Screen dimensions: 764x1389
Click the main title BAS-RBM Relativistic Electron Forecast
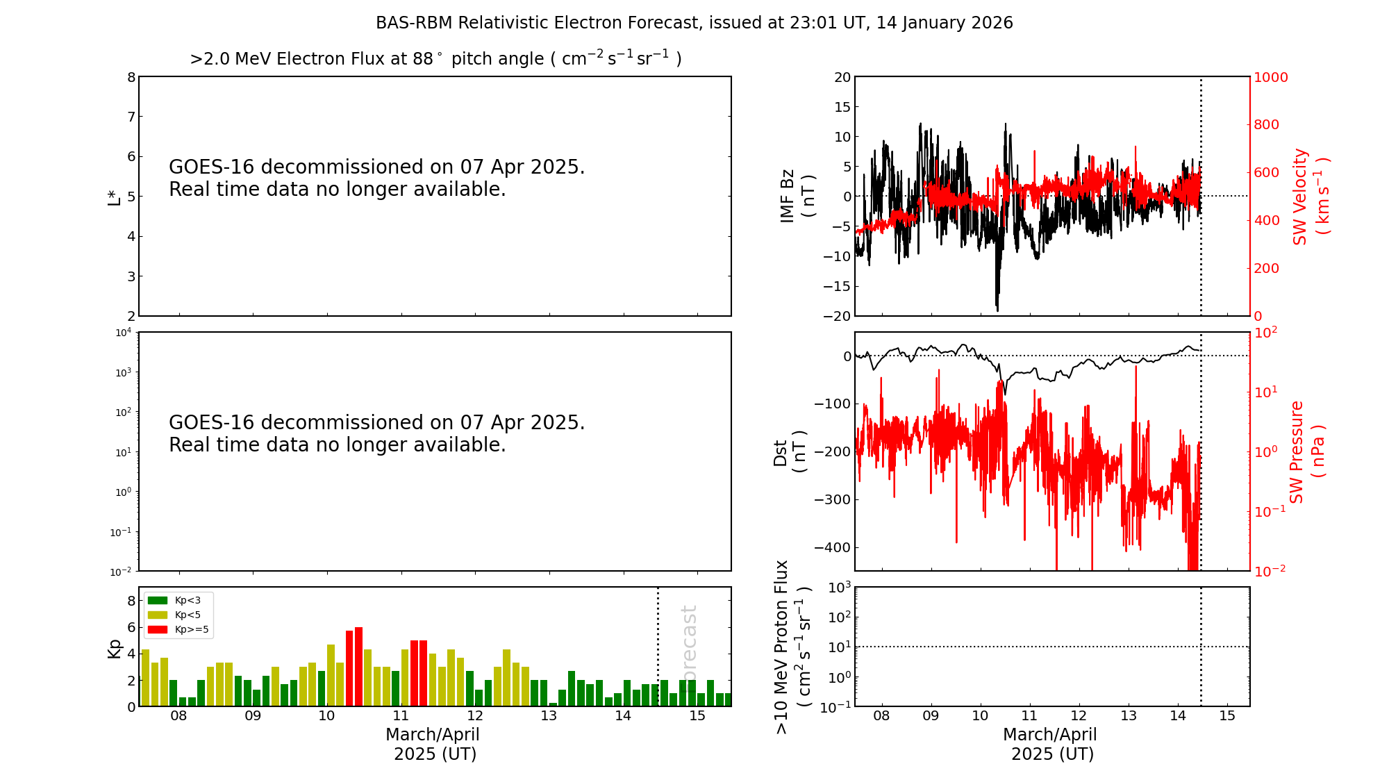click(x=694, y=23)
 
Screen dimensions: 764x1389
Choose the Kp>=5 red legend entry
click(x=178, y=630)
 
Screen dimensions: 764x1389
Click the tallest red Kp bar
click(x=358, y=667)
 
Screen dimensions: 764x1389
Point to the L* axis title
click(x=115, y=196)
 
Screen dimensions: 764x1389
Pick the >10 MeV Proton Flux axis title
click(x=792, y=647)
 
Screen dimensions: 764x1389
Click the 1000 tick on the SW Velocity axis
click(x=1270, y=77)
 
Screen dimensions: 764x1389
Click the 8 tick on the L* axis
click(x=131, y=77)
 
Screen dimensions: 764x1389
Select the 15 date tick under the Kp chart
click(x=697, y=716)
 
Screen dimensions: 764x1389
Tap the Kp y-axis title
click(x=114, y=648)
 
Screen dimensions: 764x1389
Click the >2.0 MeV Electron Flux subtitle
click(x=435, y=58)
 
